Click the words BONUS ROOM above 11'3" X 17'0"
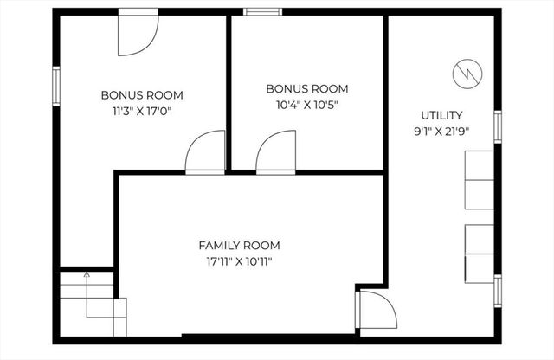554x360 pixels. point(142,95)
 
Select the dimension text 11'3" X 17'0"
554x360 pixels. point(142,111)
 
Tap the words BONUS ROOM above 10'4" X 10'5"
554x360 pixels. point(306,88)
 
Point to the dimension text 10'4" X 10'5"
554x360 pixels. point(306,104)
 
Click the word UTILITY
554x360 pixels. point(441,115)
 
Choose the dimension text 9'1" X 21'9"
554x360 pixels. point(441,131)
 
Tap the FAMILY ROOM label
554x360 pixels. point(239,245)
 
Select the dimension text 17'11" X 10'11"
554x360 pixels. point(239,260)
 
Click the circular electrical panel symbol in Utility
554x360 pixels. point(467,74)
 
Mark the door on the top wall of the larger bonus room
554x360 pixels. point(138,28)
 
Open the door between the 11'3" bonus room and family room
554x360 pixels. point(205,154)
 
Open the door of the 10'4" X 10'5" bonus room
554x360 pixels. point(276,154)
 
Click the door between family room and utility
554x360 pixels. point(376,312)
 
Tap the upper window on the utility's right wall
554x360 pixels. point(498,125)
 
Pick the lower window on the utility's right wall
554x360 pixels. point(498,290)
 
